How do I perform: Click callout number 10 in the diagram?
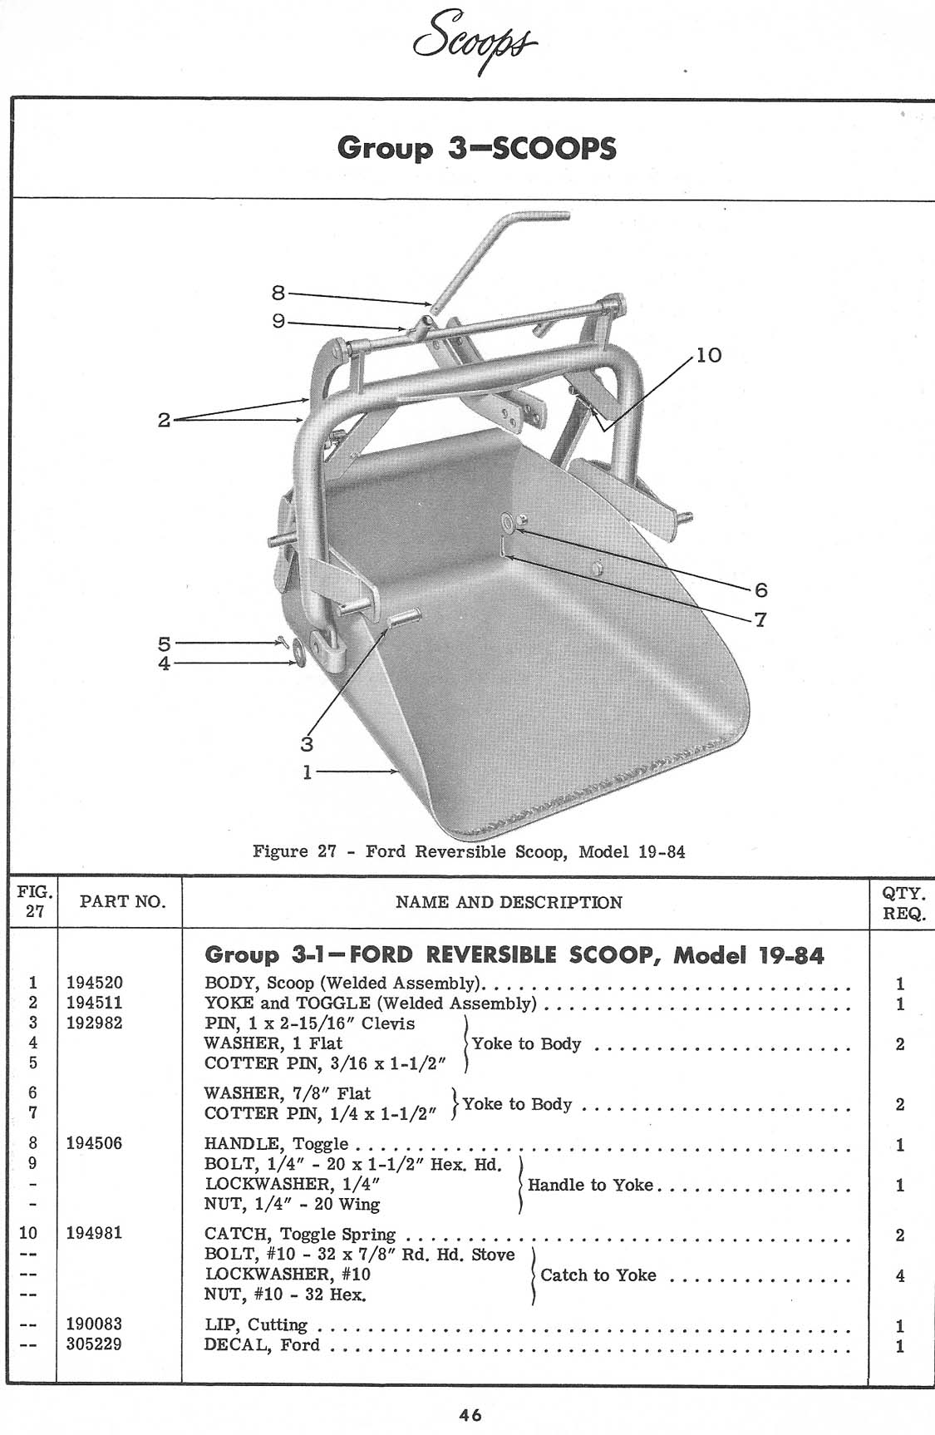(709, 356)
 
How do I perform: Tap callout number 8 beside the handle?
(278, 292)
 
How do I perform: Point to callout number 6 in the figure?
(760, 590)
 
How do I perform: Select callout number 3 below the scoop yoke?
(308, 744)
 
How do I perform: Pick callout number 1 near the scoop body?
(307, 772)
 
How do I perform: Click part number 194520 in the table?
(95, 984)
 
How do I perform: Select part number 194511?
(95, 1004)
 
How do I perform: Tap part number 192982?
(95, 1023)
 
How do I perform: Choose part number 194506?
(95, 1144)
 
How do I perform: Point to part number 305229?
(95, 1344)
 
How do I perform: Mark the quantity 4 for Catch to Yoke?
(900, 1275)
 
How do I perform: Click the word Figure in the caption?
(280, 852)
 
